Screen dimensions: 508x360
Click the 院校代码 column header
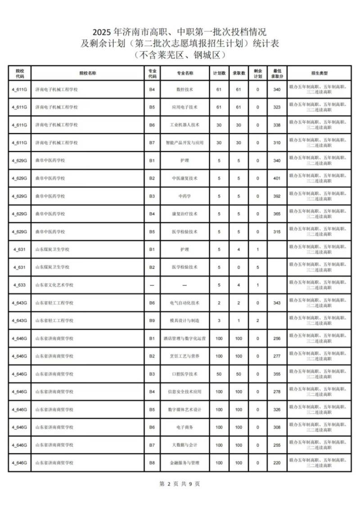point(19,74)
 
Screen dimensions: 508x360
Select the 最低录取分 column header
point(277,74)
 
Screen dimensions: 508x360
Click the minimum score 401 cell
point(277,178)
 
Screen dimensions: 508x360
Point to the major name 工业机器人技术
point(184,125)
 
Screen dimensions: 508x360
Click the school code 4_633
point(19,285)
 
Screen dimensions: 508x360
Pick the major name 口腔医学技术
point(184,374)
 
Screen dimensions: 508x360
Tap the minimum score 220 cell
point(277,463)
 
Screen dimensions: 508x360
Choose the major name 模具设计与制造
point(184,321)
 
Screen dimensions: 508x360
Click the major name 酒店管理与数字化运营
point(184,339)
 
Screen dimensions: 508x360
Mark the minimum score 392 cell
point(277,196)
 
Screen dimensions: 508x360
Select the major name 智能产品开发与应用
point(184,143)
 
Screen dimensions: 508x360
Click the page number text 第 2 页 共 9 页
point(180,484)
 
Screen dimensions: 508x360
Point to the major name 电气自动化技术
point(184,303)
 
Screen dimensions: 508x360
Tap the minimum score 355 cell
point(277,374)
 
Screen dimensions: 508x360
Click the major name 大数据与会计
point(184,445)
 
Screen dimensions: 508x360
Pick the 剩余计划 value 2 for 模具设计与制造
point(258,321)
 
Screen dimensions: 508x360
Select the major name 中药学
point(184,196)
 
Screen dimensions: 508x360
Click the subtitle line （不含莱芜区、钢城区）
point(180,55)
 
